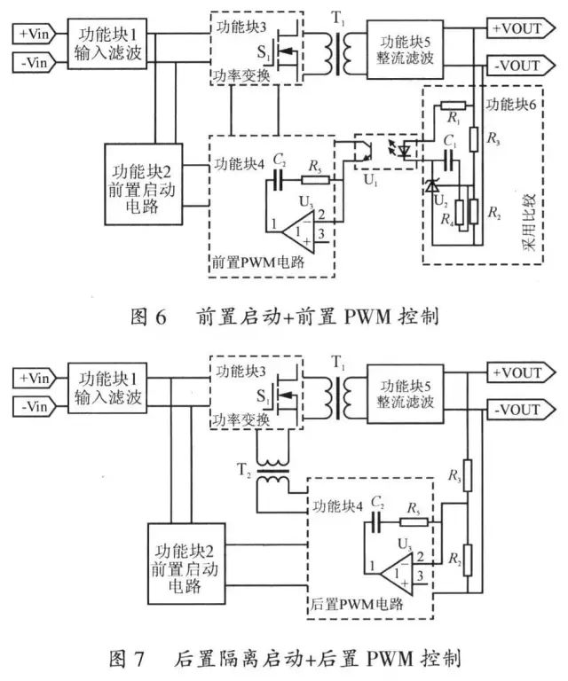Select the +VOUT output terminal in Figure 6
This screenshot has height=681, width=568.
coord(516,27)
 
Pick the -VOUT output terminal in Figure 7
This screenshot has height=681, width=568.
coord(516,409)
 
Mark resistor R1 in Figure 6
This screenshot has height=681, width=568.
coord(449,106)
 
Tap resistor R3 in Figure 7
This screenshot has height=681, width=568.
coord(469,479)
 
